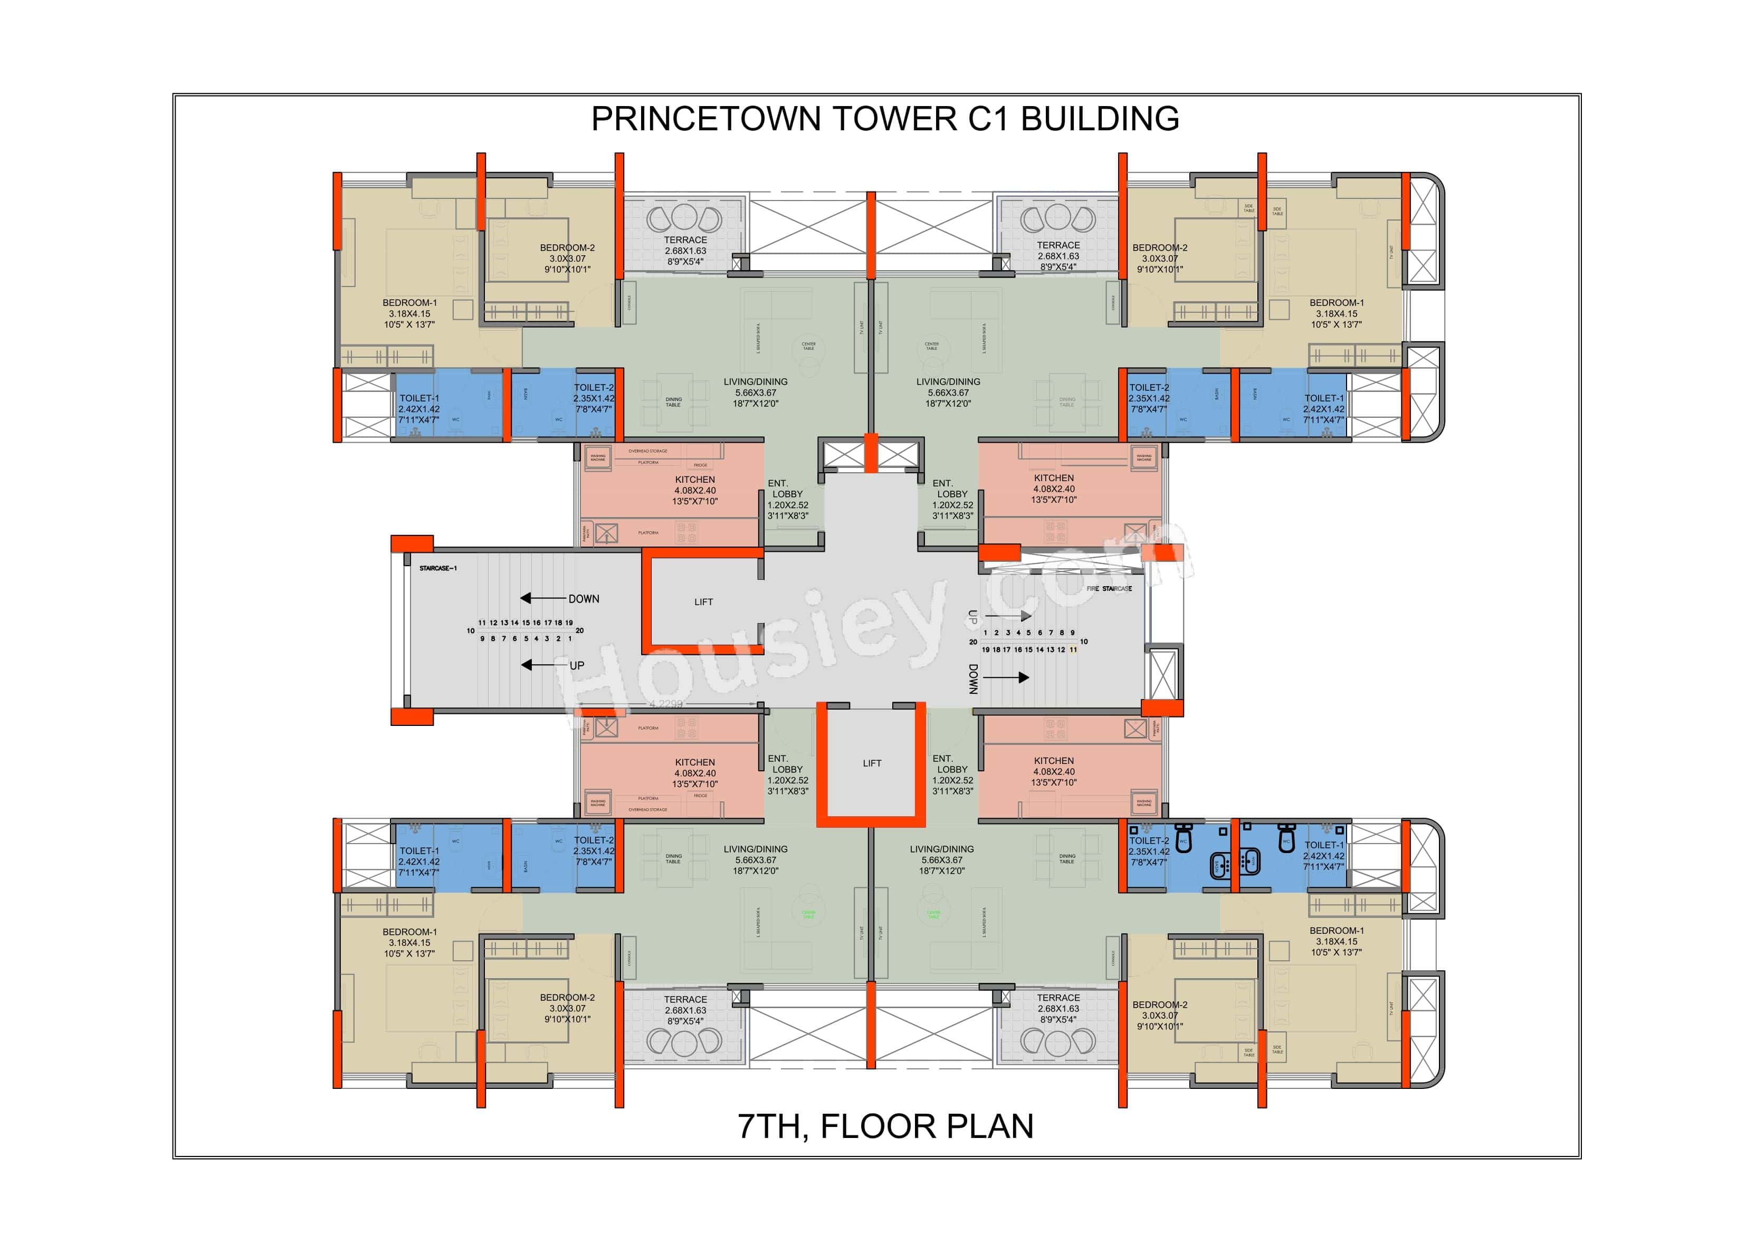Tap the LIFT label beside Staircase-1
tap(703, 602)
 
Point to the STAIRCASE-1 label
tap(438, 569)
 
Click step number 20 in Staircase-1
tap(579, 630)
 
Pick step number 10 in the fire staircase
tap(1084, 642)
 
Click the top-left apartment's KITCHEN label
tap(694, 480)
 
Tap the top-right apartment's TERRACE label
tap(1058, 245)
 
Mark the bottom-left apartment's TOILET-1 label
tap(419, 851)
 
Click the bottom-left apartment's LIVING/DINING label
tap(755, 849)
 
